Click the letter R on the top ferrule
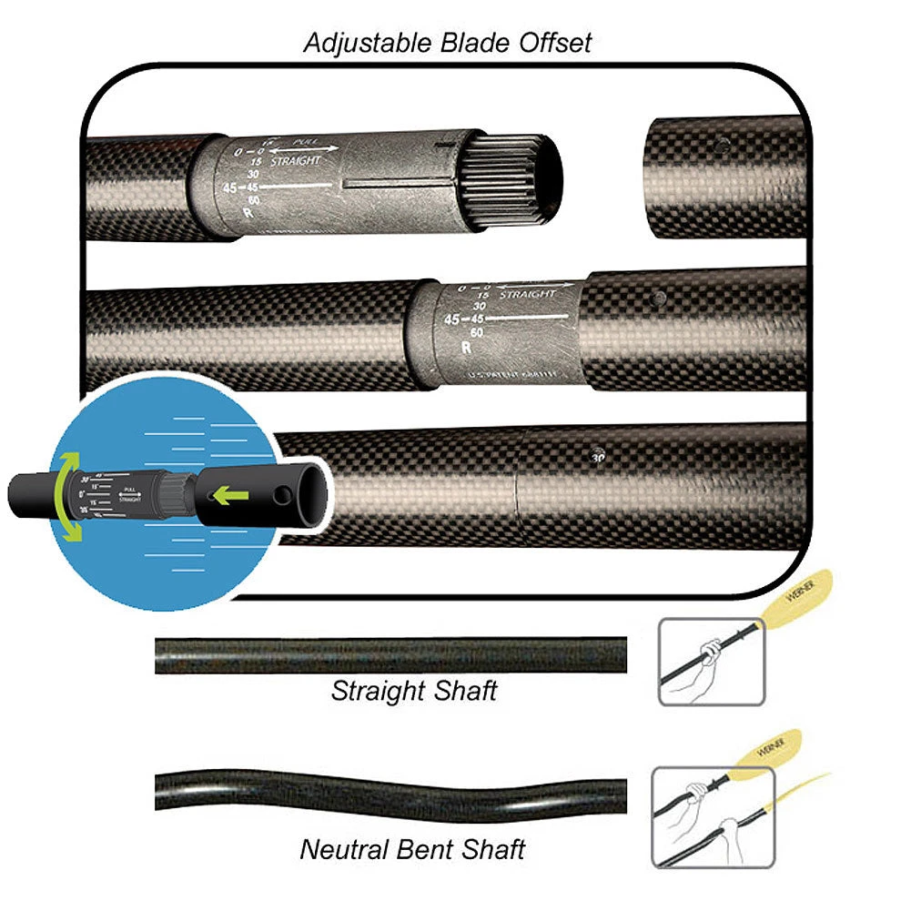pos(247,213)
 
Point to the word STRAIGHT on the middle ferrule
pos(528,295)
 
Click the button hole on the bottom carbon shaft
pos(598,456)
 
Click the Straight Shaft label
pos(414,691)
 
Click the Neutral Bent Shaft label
pos(412,850)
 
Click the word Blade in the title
pos(480,44)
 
